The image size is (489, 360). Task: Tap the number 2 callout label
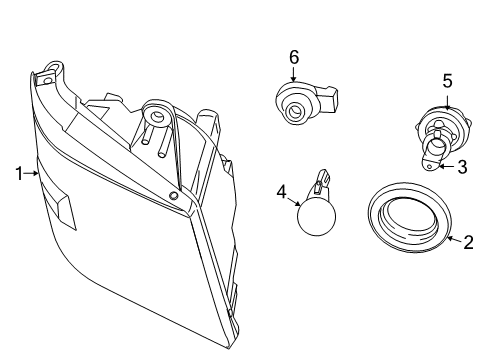tap(468, 240)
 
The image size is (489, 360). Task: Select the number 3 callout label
tap(463, 167)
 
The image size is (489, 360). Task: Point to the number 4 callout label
tap(282, 190)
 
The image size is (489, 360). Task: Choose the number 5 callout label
tap(447, 82)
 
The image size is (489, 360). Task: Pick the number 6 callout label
tap(294, 57)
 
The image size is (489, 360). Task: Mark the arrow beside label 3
tap(447, 166)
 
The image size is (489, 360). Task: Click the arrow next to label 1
tap(32, 174)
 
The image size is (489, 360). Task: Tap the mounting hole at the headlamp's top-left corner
tap(47, 77)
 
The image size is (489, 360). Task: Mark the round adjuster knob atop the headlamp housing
tap(155, 113)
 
